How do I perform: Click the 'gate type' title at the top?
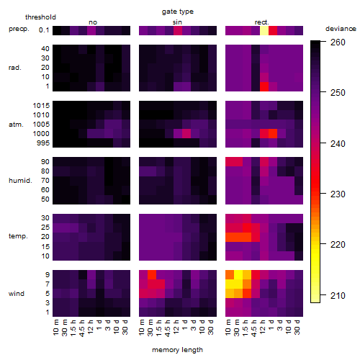pyautogui.click(x=178, y=12)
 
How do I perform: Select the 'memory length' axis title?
pyautogui.click(x=177, y=350)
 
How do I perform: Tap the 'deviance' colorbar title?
pyautogui.click(x=341, y=29)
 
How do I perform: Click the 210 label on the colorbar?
pyautogui.click(x=338, y=296)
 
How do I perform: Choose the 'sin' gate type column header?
pyautogui.click(x=177, y=22)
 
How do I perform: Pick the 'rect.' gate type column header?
pyautogui.click(x=262, y=22)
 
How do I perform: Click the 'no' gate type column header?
pyautogui.click(x=93, y=22)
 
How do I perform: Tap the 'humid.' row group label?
pyautogui.click(x=20, y=181)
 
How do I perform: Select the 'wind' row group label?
pyautogui.click(x=17, y=294)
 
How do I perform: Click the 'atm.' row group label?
pyautogui.click(x=16, y=125)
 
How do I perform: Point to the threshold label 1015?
pyautogui.click(x=41, y=105)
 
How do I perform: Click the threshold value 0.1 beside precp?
pyautogui.click(x=44, y=30)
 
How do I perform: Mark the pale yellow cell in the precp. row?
pyautogui.click(x=264, y=30)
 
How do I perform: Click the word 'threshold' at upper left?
pyautogui.click(x=40, y=17)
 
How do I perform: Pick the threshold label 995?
pyautogui.click(x=43, y=143)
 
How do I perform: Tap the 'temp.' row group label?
pyautogui.click(x=18, y=236)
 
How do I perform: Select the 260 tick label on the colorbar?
pyautogui.click(x=338, y=42)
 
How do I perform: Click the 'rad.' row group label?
pyautogui.click(x=15, y=68)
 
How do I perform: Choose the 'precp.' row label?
pyautogui.click(x=19, y=29)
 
